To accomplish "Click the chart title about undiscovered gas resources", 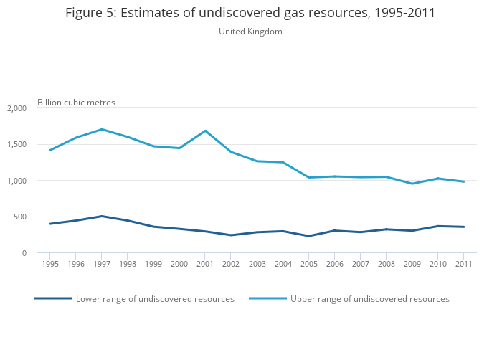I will (x=250, y=14).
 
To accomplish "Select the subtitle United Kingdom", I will (x=250, y=32).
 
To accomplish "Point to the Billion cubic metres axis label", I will (x=76, y=103).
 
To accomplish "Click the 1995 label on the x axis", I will (x=50, y=264).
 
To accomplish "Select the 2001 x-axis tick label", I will (x=205, y=264).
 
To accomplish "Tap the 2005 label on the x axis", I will (x=308, y=264).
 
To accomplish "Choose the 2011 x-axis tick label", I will (x=463, y=264).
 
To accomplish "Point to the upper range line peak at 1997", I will (x=102, y=129).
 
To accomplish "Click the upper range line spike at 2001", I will (x=205, y=131).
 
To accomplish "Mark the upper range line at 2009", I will (x=412, y=184).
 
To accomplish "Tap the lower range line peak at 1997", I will (x=102, y=216).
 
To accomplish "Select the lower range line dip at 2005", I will (x=308, y=236).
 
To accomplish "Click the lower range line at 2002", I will (x=231, y=235).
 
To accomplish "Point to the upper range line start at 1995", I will (x=50, y=150).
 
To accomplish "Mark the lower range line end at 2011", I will (x=463, y=227).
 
